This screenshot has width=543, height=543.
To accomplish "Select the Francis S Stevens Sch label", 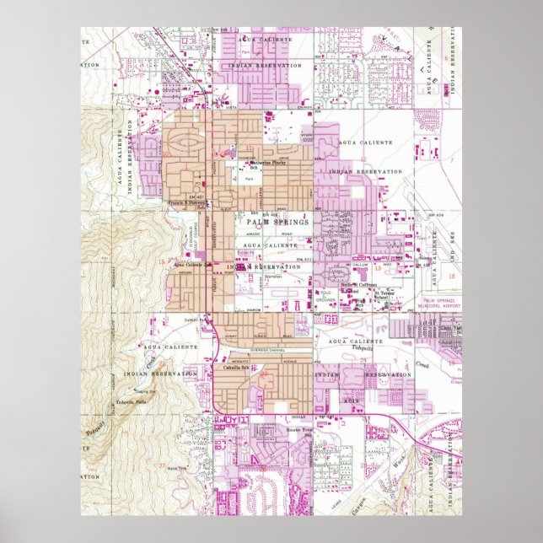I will point(185,203).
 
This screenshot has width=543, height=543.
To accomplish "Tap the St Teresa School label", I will point(383,294).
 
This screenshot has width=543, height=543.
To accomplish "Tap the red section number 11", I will point(250,148).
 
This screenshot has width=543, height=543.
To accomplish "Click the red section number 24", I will point(363,360).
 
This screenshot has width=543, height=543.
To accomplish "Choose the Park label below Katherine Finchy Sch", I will point(249,179).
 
